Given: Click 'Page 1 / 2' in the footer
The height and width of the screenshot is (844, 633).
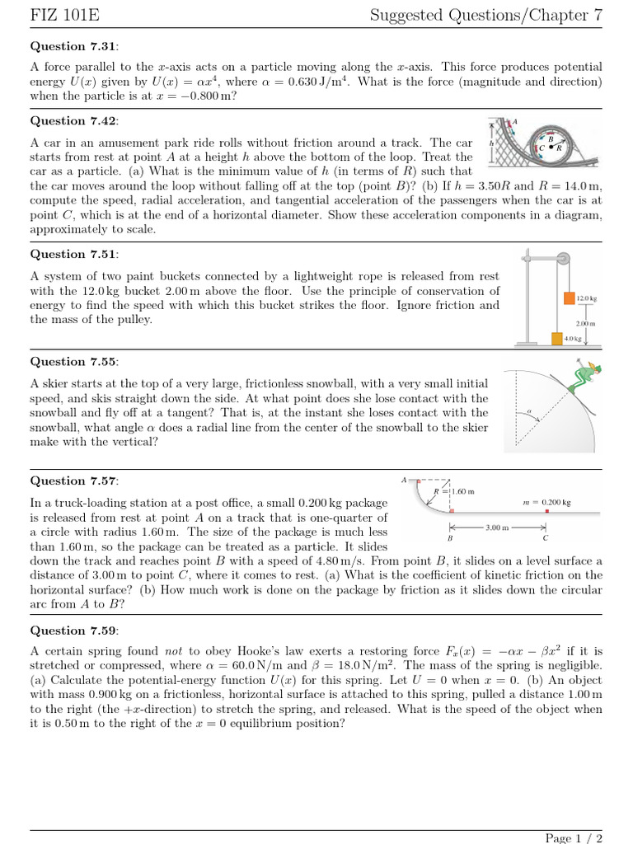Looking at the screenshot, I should pos(574,838).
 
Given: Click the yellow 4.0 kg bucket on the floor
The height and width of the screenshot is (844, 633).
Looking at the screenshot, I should pos(557,338).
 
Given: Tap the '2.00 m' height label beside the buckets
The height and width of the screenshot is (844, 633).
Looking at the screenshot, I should pos(586,324).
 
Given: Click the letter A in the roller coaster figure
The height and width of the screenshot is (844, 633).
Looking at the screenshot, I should pos(514,122).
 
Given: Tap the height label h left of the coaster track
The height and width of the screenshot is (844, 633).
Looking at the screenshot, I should pos(491,142).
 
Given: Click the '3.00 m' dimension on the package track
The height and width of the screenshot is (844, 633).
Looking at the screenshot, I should pos(497,526).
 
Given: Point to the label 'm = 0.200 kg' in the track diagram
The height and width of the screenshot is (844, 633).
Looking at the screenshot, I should pos(547,502).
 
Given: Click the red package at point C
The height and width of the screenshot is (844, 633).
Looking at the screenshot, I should pos(546,511).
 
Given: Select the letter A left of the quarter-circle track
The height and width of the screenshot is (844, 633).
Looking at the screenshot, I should pos(404,479).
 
